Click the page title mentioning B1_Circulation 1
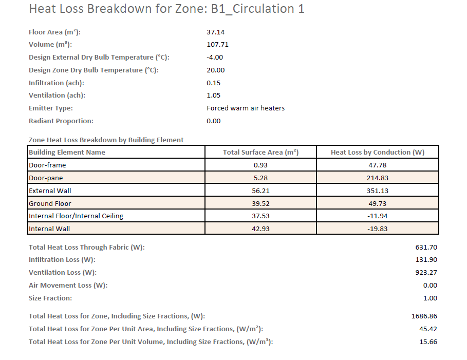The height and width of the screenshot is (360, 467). tap(166, 9)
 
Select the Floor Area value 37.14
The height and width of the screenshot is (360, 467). tap(215, 32)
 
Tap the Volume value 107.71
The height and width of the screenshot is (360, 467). tap(217, 45)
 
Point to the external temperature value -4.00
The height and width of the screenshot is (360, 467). tap(215, 58)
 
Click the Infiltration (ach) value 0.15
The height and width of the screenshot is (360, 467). tap(213, 83)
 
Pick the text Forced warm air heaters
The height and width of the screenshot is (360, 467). tap(246, 108)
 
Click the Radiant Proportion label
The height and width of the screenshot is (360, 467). tap(61, 121)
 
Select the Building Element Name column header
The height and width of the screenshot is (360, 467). tap(67, 153)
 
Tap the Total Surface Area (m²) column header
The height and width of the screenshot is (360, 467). tap(260, 153)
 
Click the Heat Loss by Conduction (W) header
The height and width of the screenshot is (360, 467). tap(378, 153)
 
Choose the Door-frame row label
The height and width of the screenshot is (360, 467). tap(47, 165)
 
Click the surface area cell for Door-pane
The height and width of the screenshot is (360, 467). tap(260, 178)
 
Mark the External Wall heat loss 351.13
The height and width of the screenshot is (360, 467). tap(378, 191)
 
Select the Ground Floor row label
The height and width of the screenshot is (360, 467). tap(49, 203)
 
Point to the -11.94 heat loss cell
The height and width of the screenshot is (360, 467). tap(378, 216)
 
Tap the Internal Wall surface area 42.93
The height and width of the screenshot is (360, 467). tap(260, 229)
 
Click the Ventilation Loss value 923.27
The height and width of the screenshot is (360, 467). tap(426, 273)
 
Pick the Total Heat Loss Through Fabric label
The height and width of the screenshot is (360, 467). tap(87, 248)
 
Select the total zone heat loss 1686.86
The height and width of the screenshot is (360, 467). tap(424, 316)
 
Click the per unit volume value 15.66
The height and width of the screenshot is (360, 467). tap(428, 342)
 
